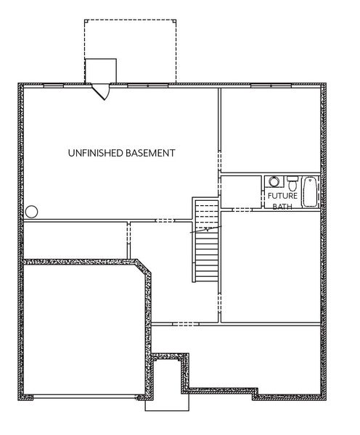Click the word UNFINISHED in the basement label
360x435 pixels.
click(x=91, y=153)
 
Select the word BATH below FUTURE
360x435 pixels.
click(x=280, y=206)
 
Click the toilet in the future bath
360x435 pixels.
click(x=292, y=182)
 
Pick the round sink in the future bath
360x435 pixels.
click(x=274, y=182)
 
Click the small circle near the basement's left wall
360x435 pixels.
click(x=31, y=212)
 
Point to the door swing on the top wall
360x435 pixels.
click(x=102, y=92)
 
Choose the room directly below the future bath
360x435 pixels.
click(x=270, y=265)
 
